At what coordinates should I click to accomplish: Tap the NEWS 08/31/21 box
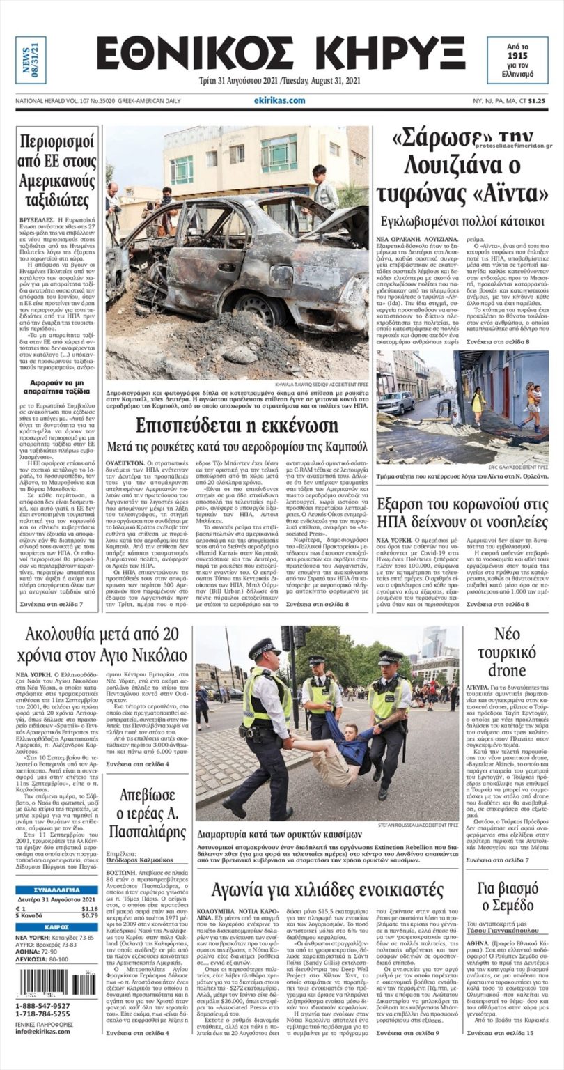point(31,60)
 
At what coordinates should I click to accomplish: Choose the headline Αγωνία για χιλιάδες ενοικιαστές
point(327,889)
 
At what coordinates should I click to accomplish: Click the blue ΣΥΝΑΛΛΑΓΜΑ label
point(56,890)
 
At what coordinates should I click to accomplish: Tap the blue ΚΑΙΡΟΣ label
point(56,927)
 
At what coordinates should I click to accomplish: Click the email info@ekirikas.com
point(43,1032)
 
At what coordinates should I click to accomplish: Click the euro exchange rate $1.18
point(89,908)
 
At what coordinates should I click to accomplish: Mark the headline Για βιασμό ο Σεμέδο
point(508,899)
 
